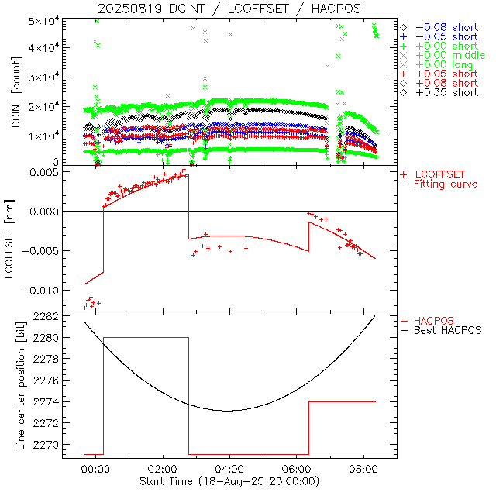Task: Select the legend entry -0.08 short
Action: pos(443,27)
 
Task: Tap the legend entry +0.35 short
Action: pos(443,92)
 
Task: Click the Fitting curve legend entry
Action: pos(446,184)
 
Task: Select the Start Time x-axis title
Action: pos(229,481)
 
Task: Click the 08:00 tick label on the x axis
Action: pos(363,469)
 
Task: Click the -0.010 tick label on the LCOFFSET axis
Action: pos(40,290)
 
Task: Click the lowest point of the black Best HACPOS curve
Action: pos(227,411)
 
